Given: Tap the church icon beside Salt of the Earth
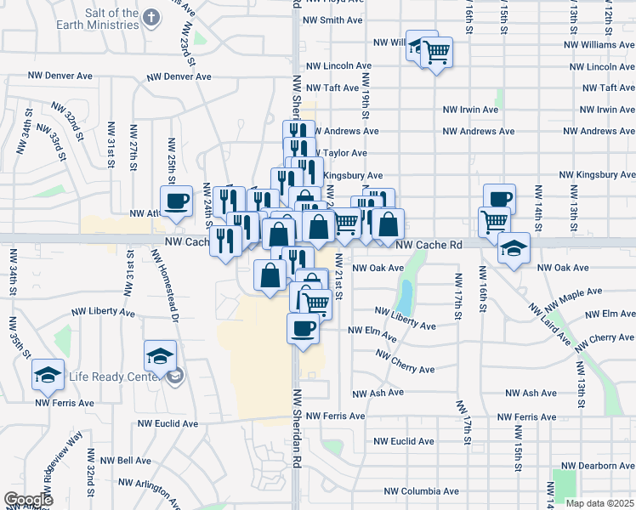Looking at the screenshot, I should (x=151, y=17).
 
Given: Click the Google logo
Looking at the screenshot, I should (x=28, y=500).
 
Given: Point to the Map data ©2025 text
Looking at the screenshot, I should (x=600, y=503).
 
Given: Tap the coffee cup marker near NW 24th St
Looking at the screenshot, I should (x=177, y=202).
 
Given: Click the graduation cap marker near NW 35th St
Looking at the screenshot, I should (x=48, y=375).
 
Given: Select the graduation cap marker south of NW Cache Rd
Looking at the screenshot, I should (x=513, y=250).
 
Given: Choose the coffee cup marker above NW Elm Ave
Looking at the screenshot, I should (x=303, y=329).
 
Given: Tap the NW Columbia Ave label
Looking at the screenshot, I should (x=421, y=491).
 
